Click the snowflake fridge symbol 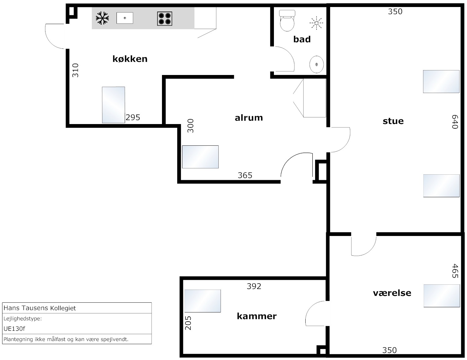point(102,18)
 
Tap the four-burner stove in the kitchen point(165,19)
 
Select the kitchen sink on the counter point(125,18)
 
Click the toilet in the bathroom point(287,21)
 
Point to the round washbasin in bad point(317,64)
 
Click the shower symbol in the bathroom point(316,23)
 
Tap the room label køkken point(130,59)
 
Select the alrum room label point(249,118)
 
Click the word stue point(393,121)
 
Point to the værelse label point(392,293)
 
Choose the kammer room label point(257,316)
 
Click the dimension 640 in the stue point(455,122)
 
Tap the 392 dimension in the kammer point(254,286)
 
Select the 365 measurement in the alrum point(245,175)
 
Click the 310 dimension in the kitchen point(75,70)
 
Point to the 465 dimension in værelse point(455,271)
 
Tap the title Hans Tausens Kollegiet point(40,308)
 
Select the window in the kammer point(203,301)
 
